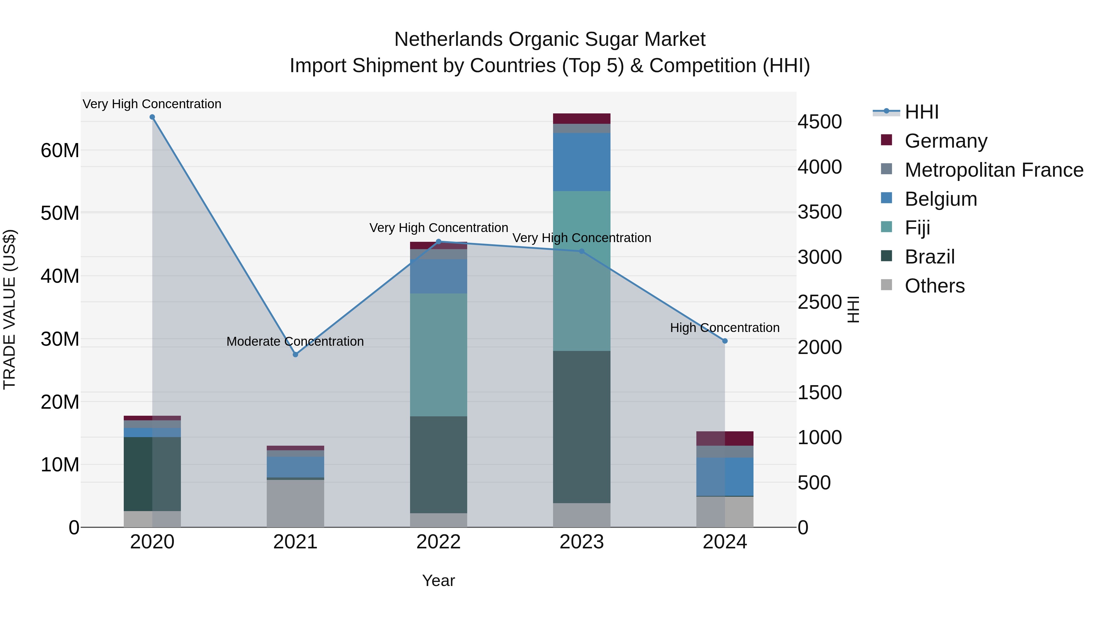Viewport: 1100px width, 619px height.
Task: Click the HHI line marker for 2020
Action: tap(152, 117)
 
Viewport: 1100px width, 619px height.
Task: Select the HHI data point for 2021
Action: tap(295, 355)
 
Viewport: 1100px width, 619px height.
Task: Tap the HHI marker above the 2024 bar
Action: tap(725, 341)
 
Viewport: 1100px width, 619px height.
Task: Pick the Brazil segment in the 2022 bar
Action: tap(438, 464)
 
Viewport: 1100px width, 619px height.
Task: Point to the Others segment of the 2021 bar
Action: tap(295, 503)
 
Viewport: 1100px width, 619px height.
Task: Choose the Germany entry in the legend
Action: tap(945, 141)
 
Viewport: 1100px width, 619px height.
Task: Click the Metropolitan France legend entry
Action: tap(993, 170)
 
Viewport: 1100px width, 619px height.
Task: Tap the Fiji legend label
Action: tap(917, 228)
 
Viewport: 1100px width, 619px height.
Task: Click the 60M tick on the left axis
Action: tap(60, 150)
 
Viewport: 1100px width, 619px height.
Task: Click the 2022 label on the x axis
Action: tap(438, 542)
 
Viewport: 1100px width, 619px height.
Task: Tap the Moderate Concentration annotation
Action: tap(295, 341)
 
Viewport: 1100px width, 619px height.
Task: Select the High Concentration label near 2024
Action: tap(725, 328)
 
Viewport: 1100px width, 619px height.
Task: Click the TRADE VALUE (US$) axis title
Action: tap(9, 309)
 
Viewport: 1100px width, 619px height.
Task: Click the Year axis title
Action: tap(438, 580)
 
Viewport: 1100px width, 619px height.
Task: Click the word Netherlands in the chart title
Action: tap(448, 39)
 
